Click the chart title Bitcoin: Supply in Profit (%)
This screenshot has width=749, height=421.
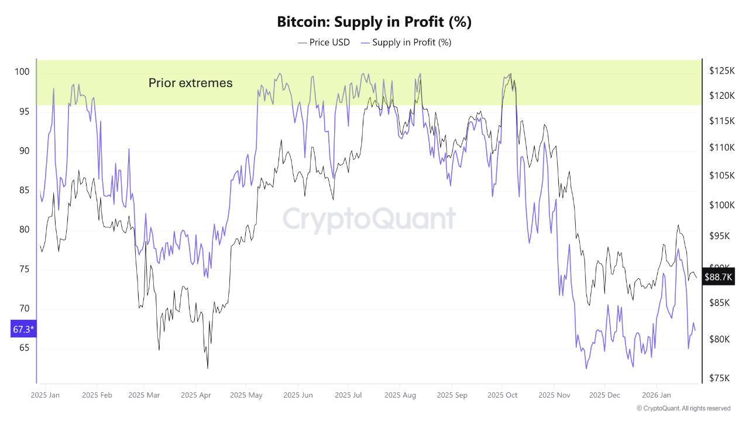point(374,22)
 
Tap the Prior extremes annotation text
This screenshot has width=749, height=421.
point(190,83)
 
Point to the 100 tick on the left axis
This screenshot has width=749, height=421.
point(22,72)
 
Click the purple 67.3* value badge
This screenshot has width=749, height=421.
point(23,330)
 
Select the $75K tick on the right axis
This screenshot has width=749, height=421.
point(720,378)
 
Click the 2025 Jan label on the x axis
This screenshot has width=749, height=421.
point(45,395)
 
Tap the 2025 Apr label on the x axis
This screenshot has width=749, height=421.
point(196,395)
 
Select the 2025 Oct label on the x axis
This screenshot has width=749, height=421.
point(503,395)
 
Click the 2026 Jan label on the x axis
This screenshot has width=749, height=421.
point(656,395)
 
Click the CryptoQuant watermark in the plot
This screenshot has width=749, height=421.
point(369,219)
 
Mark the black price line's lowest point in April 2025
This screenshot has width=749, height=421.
point(208,368)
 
